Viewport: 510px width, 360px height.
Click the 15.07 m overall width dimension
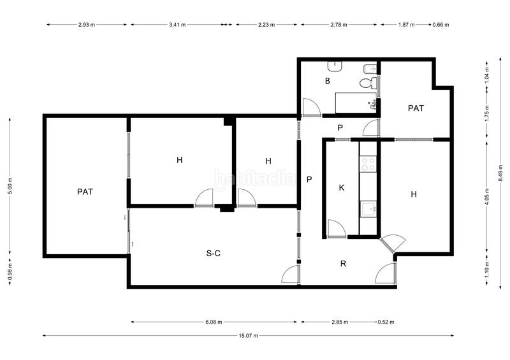tap(249, 336)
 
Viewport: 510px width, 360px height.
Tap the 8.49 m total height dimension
tap(501, 173)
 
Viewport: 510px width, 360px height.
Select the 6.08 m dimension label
tap(214, 322)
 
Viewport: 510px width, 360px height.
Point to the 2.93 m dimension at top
tap(87, 24)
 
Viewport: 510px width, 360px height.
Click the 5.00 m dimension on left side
tap(10, 185)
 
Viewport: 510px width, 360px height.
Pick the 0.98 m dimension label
tap(10, 271)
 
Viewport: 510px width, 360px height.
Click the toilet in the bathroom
tap(368, 83)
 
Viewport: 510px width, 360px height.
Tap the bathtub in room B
tap(356, 103)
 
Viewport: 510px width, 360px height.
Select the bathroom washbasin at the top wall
tap(335, 66)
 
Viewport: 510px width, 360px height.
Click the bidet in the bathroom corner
tap(370, 69)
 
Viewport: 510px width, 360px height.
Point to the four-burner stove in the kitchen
tap(368, 164)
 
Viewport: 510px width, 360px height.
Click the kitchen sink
tap(368, 208)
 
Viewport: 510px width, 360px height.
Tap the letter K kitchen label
tap(342, 187)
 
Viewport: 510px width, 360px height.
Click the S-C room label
tap(214, 253)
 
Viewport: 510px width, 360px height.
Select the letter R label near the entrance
tap(343, 264)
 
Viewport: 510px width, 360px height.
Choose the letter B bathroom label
tap(328, 81)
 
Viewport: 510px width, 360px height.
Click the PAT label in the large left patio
tap(85, 192)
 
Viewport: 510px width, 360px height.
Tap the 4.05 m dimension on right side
tap(487, 197)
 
